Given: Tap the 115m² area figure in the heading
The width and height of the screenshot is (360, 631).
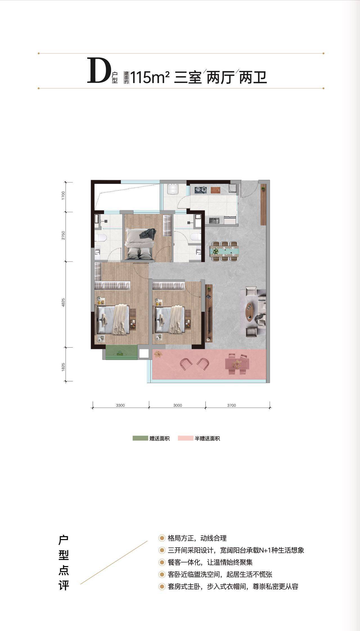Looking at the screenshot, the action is tap(150, 78).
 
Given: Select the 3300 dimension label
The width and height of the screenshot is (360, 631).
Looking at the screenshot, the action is tap(120, 405).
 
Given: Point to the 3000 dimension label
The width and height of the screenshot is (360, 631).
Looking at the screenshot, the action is tap(177, 405).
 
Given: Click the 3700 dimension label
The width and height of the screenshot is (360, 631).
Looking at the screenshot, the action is tap(231, 405).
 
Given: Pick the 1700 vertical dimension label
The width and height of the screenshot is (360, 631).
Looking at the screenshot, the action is tap(63, 195).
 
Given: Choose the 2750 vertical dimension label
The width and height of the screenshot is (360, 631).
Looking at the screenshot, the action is tap(63, 235).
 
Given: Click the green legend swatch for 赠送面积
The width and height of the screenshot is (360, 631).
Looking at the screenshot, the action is tap(140, 438).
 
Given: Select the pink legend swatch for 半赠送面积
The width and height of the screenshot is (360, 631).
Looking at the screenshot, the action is tap(185, 438).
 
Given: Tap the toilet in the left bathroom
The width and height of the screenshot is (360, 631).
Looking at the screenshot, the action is tap(100, 238).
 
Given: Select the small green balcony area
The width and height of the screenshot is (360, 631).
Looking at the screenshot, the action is tap(121, 352).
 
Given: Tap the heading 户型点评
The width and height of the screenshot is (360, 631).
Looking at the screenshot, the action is tap(64, 562).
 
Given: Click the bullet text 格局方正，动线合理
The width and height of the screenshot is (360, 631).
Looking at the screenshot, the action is tap(197, 538).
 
